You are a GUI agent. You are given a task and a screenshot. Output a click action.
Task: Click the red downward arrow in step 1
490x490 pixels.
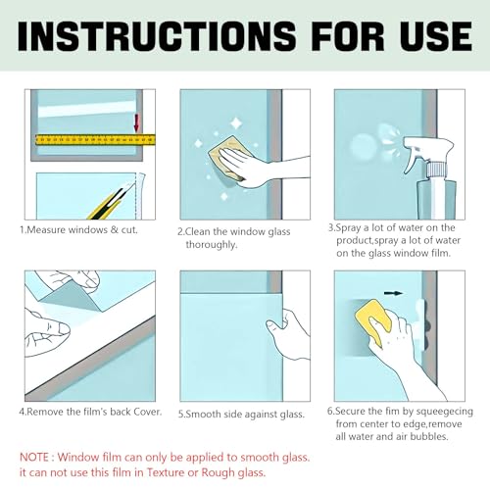(137, 122)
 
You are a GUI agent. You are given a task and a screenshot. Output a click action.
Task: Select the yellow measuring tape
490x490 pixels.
(95, 139)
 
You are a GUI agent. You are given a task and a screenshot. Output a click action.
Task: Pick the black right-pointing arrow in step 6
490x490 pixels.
(393, 293)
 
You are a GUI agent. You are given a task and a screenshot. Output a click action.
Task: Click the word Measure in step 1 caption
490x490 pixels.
(46, 229)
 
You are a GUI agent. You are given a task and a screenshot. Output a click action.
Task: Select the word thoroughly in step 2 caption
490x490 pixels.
(212, 245)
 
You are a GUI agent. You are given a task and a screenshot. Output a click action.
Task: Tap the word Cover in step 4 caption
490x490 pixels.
(149, 412)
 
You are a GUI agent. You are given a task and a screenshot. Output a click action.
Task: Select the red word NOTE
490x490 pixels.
(34, 457)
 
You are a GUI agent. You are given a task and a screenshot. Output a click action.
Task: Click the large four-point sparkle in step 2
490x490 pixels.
(235, 123)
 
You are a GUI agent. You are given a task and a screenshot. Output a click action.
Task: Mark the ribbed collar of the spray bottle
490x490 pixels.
(435, 170)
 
